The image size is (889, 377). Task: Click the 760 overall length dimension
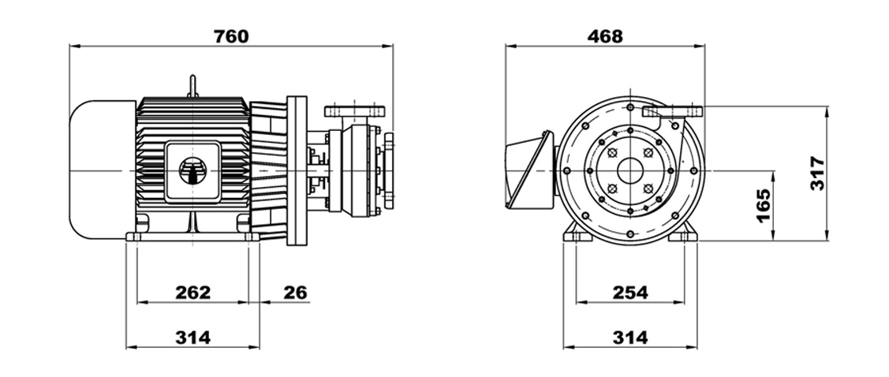(x=231, y=36)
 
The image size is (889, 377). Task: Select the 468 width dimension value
(x=605, y=36)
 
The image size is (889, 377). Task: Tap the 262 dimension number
(x=192, y=293)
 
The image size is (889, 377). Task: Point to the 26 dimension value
(x=295, y=293)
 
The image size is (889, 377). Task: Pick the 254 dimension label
(x=630, y=293)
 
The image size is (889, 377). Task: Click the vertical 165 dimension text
(x=764, y=206)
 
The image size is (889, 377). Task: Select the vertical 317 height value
(x=817, y=173)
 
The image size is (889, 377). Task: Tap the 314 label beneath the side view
(x=192, y=338)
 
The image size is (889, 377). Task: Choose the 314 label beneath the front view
(x=630, y=338)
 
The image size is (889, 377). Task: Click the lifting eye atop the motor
(x=192, y=86)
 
